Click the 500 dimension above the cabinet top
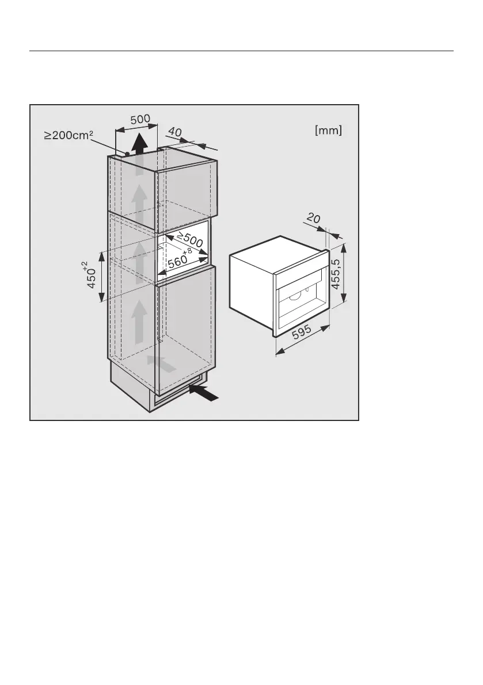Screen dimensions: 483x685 click(140, 120)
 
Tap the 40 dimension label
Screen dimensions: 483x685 click(175, 133)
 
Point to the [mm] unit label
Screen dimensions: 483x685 click(328, 131)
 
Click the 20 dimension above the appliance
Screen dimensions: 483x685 click(313, 219)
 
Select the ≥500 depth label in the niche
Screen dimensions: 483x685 click(189, 240)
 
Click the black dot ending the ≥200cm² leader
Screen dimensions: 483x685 click(127, 154)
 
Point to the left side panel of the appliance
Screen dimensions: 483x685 click(251, 288)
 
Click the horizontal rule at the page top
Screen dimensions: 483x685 click(241, 51)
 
